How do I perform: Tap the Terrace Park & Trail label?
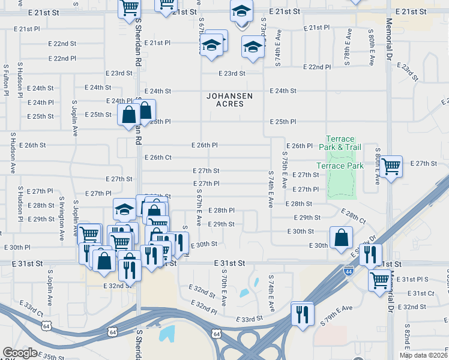[340, 143]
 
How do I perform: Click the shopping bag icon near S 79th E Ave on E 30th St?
[341, 237]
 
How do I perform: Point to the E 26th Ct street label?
[158, 158]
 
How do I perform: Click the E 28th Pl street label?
[221, 211]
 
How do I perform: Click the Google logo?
[20, 353]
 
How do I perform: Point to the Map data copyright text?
[424, 355]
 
